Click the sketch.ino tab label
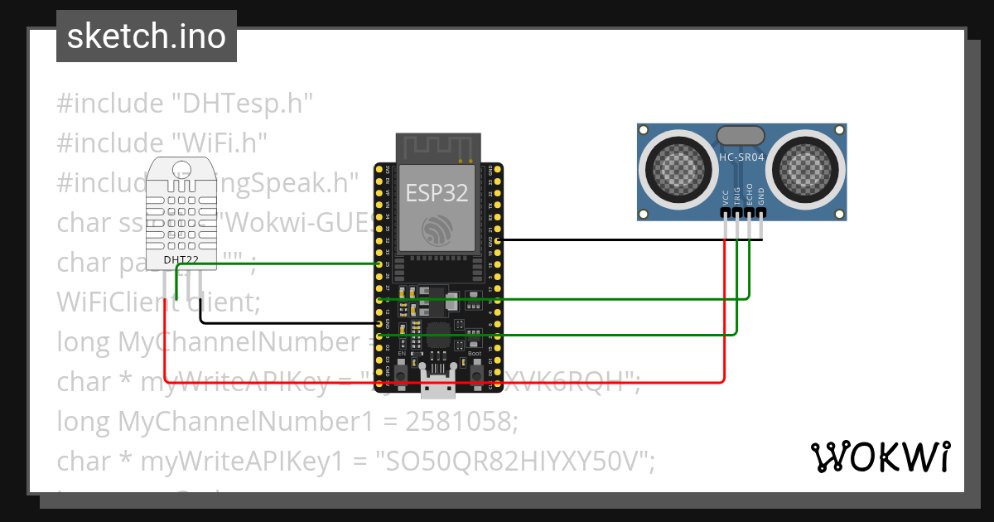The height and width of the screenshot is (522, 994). click(x=146, y=36)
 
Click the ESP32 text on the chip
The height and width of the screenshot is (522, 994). click(x=437, y=193)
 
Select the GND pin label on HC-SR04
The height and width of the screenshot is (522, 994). click(x=761, y=196)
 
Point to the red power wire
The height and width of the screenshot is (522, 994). click(x=447, y=382)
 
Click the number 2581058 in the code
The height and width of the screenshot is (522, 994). click(x=461, y=422)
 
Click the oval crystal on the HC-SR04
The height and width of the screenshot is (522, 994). click(x=741, y=135)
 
